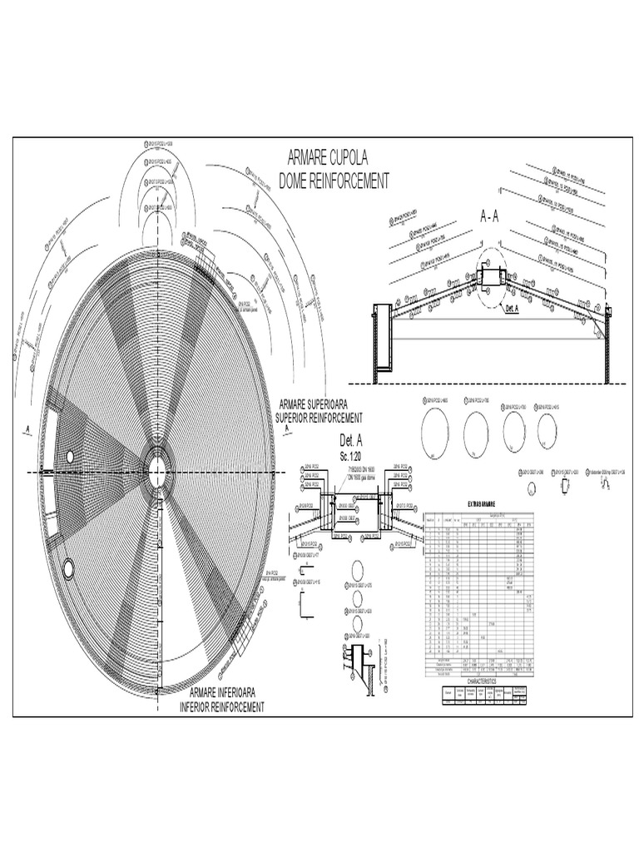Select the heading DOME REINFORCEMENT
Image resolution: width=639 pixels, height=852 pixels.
tap(334, 182)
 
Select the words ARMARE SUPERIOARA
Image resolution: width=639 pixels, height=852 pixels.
tap(322, 404)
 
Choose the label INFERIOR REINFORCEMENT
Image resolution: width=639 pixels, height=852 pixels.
tap(222, 706)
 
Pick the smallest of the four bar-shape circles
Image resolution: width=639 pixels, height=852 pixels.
tap(547, 430)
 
